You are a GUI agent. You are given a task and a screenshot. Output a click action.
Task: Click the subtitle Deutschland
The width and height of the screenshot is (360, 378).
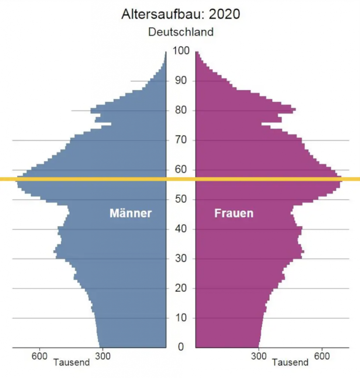[x=181, y=32]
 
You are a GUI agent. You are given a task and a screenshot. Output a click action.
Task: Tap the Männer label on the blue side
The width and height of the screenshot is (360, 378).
[x=131, y=213]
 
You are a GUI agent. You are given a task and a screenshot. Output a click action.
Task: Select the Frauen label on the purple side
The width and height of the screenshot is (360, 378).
[x=234, y=213]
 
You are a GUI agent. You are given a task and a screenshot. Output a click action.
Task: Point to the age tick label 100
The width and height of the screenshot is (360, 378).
[x=181, y=51]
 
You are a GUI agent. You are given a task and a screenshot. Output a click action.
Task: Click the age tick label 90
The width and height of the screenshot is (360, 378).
[x=181, y=81]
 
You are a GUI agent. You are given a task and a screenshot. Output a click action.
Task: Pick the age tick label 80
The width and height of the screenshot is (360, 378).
[x=181, y=110]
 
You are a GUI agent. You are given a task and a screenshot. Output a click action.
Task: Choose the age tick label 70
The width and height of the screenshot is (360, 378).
[x=181, y=140]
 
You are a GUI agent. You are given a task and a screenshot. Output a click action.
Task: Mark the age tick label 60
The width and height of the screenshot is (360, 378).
[x=181, y=170]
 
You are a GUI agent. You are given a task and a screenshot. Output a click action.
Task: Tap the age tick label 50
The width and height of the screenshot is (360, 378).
[x=181, y=200]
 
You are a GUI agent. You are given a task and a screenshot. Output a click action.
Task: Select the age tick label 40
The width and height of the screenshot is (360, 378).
[x=181, y=229]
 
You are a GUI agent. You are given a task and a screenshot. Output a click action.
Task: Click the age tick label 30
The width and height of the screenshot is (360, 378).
[x=181, y=259]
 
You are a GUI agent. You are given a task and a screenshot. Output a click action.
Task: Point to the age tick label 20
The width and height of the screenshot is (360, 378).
[x=181, y=288]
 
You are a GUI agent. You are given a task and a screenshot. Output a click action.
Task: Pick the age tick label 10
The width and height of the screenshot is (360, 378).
[x=181, y=318]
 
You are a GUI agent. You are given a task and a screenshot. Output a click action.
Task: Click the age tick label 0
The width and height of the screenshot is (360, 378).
[x=181, y=347]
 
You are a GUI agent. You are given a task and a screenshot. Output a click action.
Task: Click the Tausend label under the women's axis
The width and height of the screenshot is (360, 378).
[x=290, y=362]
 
